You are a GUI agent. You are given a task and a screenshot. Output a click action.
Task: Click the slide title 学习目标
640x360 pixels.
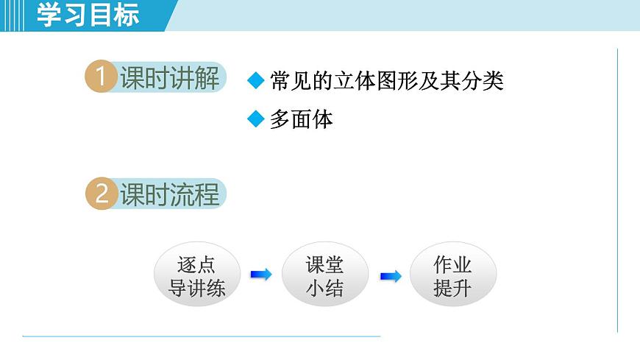(x=88, y=15)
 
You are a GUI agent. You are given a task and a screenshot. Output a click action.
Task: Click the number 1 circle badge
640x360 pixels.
(x=101, y=78)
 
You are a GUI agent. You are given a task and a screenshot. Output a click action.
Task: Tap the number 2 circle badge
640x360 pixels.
(x=101, y=194)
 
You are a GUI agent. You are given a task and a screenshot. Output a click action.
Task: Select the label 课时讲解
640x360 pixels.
(x=170, y=78)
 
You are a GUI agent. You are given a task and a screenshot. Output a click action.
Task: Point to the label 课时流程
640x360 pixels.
(x=170, y=194)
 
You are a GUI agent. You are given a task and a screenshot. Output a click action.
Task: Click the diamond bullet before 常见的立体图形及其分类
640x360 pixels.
(x=255, y=81)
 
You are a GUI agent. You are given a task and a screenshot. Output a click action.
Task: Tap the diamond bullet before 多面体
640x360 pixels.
(x=255, y=119)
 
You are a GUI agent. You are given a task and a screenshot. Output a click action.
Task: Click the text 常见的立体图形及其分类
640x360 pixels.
(x=386, y=81)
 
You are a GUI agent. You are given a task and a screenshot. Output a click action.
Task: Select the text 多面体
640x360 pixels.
(x=301, y=119)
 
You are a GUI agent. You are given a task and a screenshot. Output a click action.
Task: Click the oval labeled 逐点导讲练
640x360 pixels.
(x=196, y=275)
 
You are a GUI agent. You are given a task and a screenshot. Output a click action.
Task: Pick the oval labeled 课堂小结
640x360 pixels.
(x=324, y=275)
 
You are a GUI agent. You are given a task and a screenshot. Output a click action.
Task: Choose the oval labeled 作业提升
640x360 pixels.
(x=452, y=275)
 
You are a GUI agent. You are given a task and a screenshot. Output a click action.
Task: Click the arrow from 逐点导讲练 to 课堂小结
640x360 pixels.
(x=260, y=275)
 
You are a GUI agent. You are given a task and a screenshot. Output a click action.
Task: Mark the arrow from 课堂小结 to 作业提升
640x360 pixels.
(x=390, y=276)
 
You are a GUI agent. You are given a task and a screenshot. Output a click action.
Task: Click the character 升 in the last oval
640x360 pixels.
(x=463, y=288)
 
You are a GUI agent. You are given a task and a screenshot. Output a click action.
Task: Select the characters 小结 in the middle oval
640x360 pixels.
(x=324, y=288)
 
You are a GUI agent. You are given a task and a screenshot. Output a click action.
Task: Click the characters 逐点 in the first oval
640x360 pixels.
(x=196, y=264)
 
